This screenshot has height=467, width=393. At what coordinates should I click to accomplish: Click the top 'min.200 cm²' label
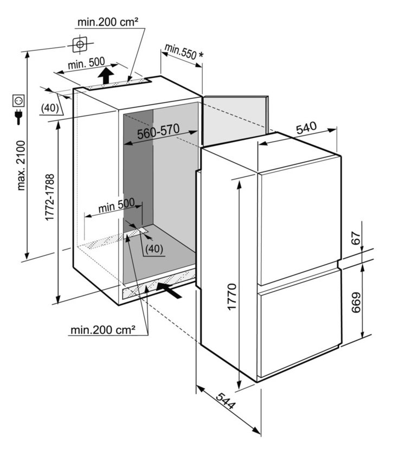[x=108, y=22]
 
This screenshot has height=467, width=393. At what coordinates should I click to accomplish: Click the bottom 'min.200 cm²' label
[x=102, y=329]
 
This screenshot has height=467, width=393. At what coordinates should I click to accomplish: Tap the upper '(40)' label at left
[x=49, y=108]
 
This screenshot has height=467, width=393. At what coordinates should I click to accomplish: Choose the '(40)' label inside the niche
[x=154, y=249]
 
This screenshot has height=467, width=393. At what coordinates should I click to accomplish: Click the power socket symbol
[x=18, y=101]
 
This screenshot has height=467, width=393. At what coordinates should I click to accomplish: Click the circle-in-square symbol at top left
[x=80, y=43]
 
